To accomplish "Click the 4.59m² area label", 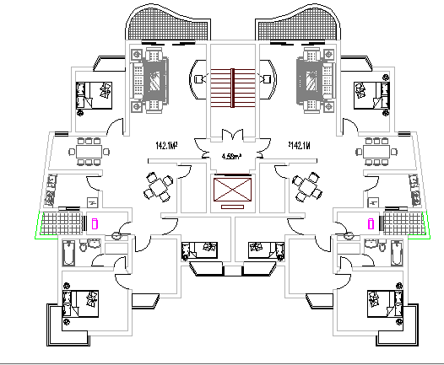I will point(231,156).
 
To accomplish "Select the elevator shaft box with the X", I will point(233,191).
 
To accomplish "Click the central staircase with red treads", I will point(233,87).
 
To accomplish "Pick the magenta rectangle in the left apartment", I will point(96,223).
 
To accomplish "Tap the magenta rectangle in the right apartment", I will point(370,223).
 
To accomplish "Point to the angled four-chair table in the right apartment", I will point(307,185).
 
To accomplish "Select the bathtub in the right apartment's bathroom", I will point(396,250).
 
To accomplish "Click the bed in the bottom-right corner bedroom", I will point(383,301).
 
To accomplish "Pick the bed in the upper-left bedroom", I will point(93,94).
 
